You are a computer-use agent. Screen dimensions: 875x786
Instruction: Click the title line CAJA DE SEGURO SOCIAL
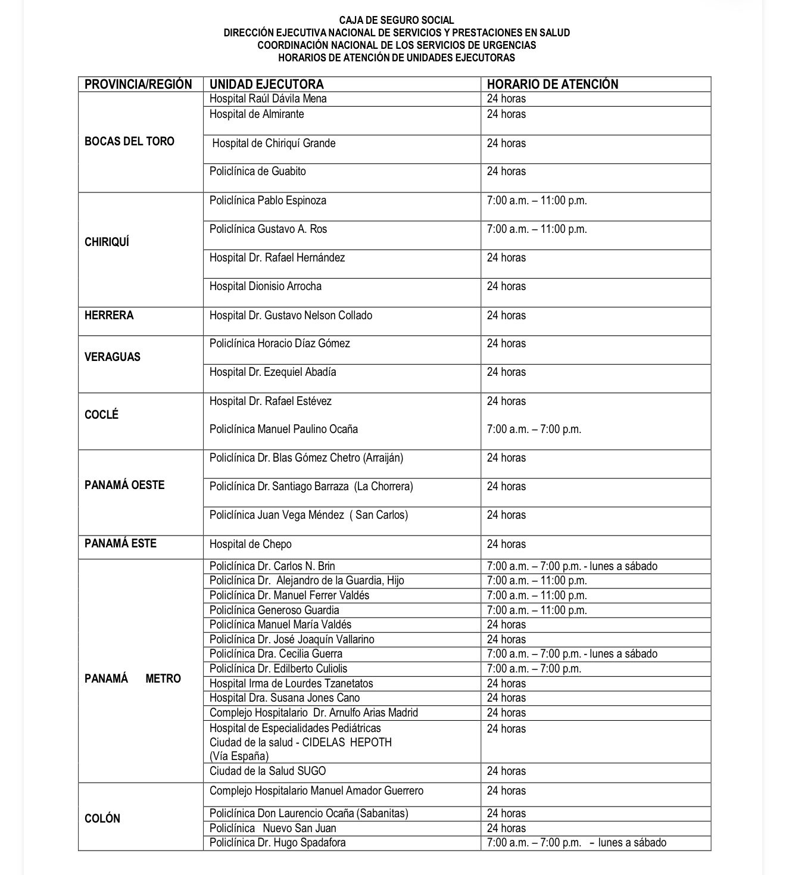tap(397, 20)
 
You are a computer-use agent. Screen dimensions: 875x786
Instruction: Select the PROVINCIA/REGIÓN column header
tap(138, 84)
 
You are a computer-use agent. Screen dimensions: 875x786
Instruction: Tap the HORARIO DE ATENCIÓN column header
tap(553, 84)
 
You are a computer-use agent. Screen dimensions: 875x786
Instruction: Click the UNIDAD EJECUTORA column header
tap(266, 84)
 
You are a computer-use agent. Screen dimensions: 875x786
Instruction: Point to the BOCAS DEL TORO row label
tap(129, 142)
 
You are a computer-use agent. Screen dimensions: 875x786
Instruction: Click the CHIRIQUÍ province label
tap(107, 242)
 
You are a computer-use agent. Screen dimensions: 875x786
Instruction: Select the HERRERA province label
tap(109, 315)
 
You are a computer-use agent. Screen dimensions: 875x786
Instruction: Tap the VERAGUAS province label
tap(113, 357)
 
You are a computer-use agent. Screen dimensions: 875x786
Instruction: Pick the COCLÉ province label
tap(102, 415)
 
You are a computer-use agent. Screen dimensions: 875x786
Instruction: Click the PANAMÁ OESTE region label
tap(124, 485)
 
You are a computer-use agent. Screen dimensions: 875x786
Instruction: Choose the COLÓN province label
tap(102, 819)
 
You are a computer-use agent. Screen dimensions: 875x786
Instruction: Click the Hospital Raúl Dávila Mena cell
tap(268, 99)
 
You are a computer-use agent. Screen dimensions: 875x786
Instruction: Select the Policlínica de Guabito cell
tap(257, 172)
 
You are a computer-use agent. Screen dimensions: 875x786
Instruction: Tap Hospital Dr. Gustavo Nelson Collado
tap(291, 315)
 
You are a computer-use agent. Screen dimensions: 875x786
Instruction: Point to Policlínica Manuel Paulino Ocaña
tap(283, 429)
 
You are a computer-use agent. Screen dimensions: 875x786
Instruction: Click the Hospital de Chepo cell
tap(250, 544)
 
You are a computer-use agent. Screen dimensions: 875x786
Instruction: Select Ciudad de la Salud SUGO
tap(267, 771)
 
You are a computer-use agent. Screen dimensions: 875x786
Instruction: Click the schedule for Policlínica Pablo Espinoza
tap(537, 201)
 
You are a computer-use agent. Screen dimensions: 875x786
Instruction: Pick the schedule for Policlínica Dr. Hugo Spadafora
tap(576, 843)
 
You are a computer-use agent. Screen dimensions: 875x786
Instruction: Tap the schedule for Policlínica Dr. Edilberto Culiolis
tap(534, 669)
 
